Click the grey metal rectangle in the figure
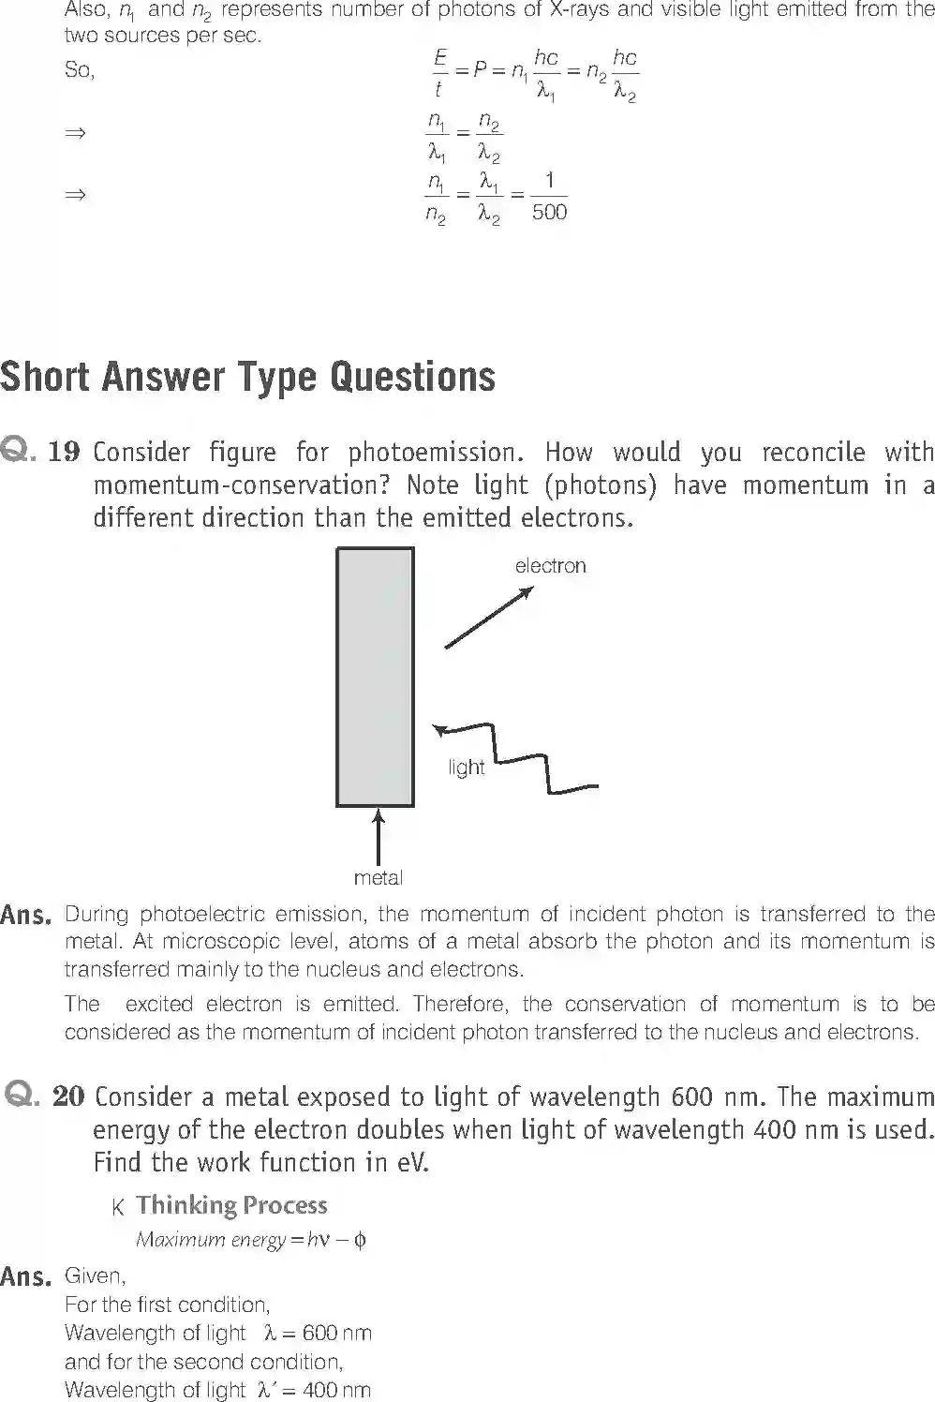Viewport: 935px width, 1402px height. coord(375,677)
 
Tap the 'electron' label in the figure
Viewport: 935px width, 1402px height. coord(550,566)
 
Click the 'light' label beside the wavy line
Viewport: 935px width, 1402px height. coord(467,768)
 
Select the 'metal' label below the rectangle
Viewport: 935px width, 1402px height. coord(378,878)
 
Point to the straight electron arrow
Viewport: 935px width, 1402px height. coord(488,618)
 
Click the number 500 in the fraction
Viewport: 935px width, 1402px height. coord(549,213)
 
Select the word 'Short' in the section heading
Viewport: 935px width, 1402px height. coord(46,378)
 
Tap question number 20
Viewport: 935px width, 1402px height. coord(68,1096)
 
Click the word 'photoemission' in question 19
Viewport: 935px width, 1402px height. coord(432,453)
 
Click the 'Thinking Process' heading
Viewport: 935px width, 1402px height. coord(231,1205)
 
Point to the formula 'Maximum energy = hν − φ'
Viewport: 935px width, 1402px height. coord(251,1240)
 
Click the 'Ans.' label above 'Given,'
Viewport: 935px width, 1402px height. coord(26,1276)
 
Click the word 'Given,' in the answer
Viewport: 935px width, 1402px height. coord(95,1276)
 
